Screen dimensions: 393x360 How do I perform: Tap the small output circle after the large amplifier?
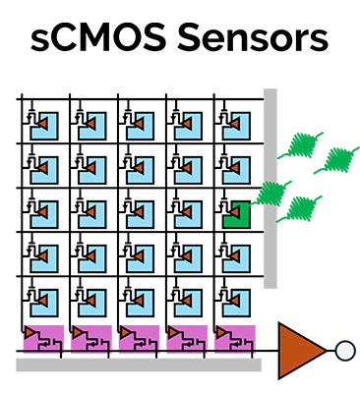point(343,349)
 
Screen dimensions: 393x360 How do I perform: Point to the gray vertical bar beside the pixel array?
point(270,187)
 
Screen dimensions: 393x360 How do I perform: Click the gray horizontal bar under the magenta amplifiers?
point(138,365)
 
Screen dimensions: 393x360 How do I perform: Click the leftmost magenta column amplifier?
point(42,338)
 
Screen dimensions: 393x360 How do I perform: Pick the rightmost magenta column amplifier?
point(233,338)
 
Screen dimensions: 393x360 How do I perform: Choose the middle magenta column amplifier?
point(138,338)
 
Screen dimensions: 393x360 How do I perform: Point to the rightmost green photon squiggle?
point(339,157)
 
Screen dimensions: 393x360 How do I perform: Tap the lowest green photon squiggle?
point(299,208)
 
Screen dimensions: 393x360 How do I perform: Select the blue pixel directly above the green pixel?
point(236,168)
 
